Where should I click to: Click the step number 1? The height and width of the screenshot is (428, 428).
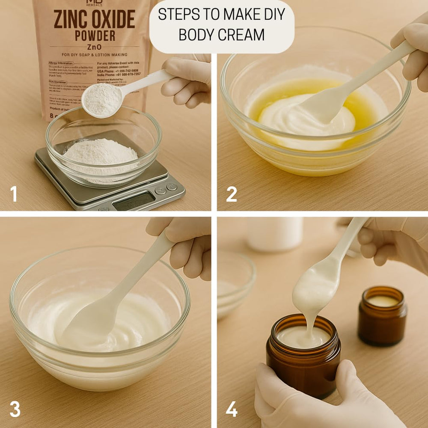coord(14,194)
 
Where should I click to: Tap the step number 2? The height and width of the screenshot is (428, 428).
coord(232,194)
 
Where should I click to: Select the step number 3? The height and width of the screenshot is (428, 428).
coord(15,409)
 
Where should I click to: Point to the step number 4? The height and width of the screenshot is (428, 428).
coord(232,409)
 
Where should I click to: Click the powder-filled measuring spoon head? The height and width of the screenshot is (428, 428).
coord(102,99)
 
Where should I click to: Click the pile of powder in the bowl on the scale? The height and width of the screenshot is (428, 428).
coord(101,152)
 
